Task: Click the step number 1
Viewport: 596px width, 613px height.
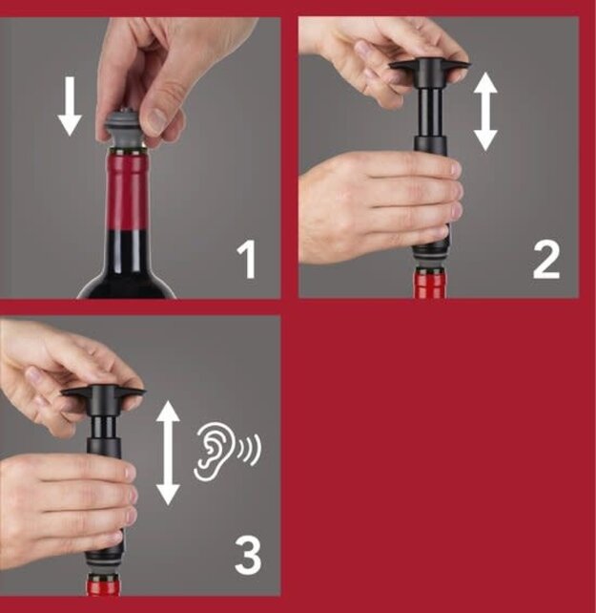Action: [247, 260]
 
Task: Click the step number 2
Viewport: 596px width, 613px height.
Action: [545, 260]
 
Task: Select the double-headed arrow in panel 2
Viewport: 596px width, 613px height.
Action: [486, 112]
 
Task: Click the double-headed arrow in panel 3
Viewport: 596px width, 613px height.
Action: [168, 452]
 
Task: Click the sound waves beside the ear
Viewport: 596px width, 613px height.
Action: [250, 449]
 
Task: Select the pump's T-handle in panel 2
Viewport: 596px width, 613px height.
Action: [429, 70]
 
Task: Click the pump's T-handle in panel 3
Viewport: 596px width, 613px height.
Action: [103, 394]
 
